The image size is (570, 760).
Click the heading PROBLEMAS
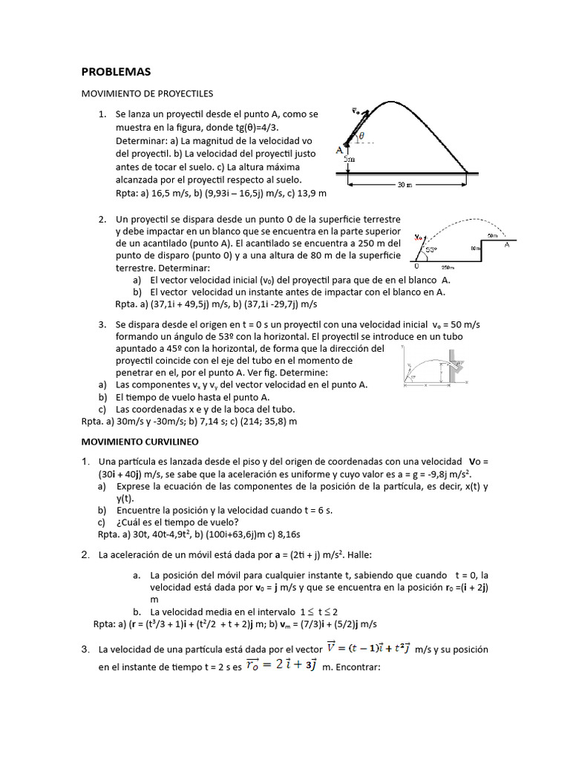(115, 72)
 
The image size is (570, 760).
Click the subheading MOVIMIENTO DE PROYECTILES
(146, 94)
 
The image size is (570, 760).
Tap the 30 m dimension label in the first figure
(404, 185)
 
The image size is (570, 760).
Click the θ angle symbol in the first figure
(361, 136)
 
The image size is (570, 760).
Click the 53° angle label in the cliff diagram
(430, 249)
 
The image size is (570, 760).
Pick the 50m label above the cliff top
(492, 235)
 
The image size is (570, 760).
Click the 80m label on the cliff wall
(475, 249)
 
